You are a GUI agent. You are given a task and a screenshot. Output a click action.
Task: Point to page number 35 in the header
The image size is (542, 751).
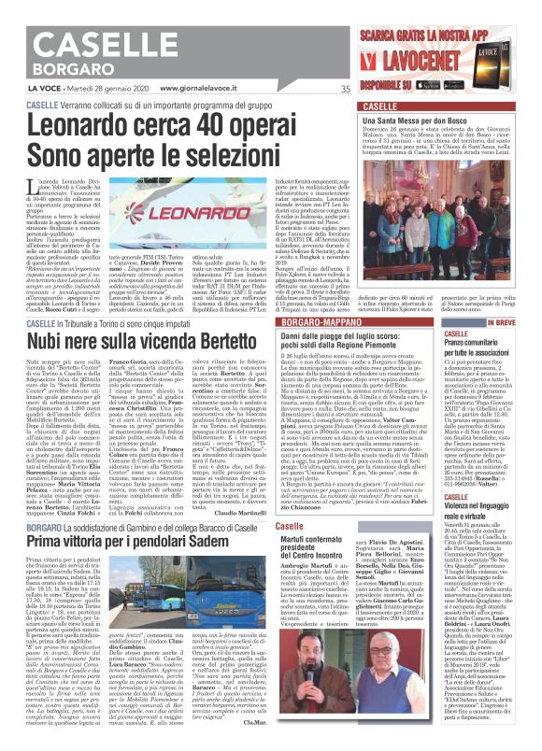(x=345, y=90)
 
